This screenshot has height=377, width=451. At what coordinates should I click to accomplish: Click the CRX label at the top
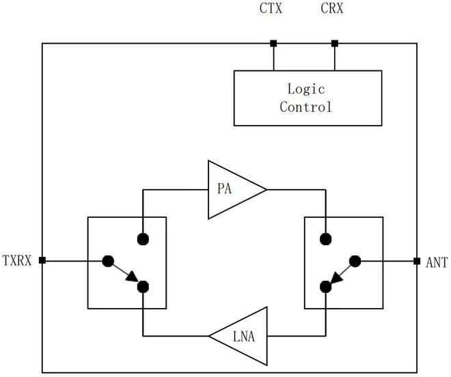[334, 10]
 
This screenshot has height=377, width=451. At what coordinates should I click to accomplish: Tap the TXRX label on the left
[17, 260]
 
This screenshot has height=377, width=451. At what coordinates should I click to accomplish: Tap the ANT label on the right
[437, 261]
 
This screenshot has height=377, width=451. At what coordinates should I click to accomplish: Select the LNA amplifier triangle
[242, 335]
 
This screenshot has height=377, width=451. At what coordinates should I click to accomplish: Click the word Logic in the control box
[306, 89]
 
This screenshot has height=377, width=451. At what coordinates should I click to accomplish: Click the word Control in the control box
[306, 107]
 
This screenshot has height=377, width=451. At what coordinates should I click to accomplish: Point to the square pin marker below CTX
[273, 44]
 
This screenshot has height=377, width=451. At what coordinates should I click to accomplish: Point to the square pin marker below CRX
[334, 44]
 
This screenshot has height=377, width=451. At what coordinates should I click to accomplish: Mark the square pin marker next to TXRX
[42, 260]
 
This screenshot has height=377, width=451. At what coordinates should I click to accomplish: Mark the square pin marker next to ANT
[417, 260]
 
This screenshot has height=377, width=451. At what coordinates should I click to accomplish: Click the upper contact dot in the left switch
[143, 238]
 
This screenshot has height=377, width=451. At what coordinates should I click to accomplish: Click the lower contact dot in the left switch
[143, 286]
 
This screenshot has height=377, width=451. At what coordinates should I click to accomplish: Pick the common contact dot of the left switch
[107, 260]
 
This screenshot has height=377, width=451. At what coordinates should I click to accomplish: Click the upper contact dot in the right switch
[326, 238]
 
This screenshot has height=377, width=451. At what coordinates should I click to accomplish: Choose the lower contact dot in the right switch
[326, 286]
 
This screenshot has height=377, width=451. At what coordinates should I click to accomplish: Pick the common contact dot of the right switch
[355, 260]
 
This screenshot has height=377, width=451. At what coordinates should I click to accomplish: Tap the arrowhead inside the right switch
[336, 278]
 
